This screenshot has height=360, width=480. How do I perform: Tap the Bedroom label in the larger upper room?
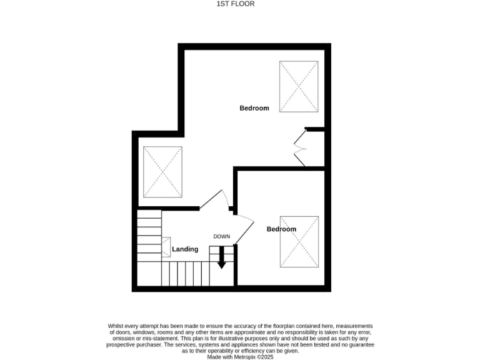pos(254,108)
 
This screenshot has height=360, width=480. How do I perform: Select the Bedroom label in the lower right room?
pos(281,229)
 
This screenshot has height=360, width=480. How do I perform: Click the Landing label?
pos(185,249)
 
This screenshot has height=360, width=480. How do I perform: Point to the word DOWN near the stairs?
pos(222,236)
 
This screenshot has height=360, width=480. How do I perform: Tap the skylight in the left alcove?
pos(162,171)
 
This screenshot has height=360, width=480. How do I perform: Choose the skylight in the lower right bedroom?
pos(299,241)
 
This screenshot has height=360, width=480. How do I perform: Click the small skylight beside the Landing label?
pos(167,246)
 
